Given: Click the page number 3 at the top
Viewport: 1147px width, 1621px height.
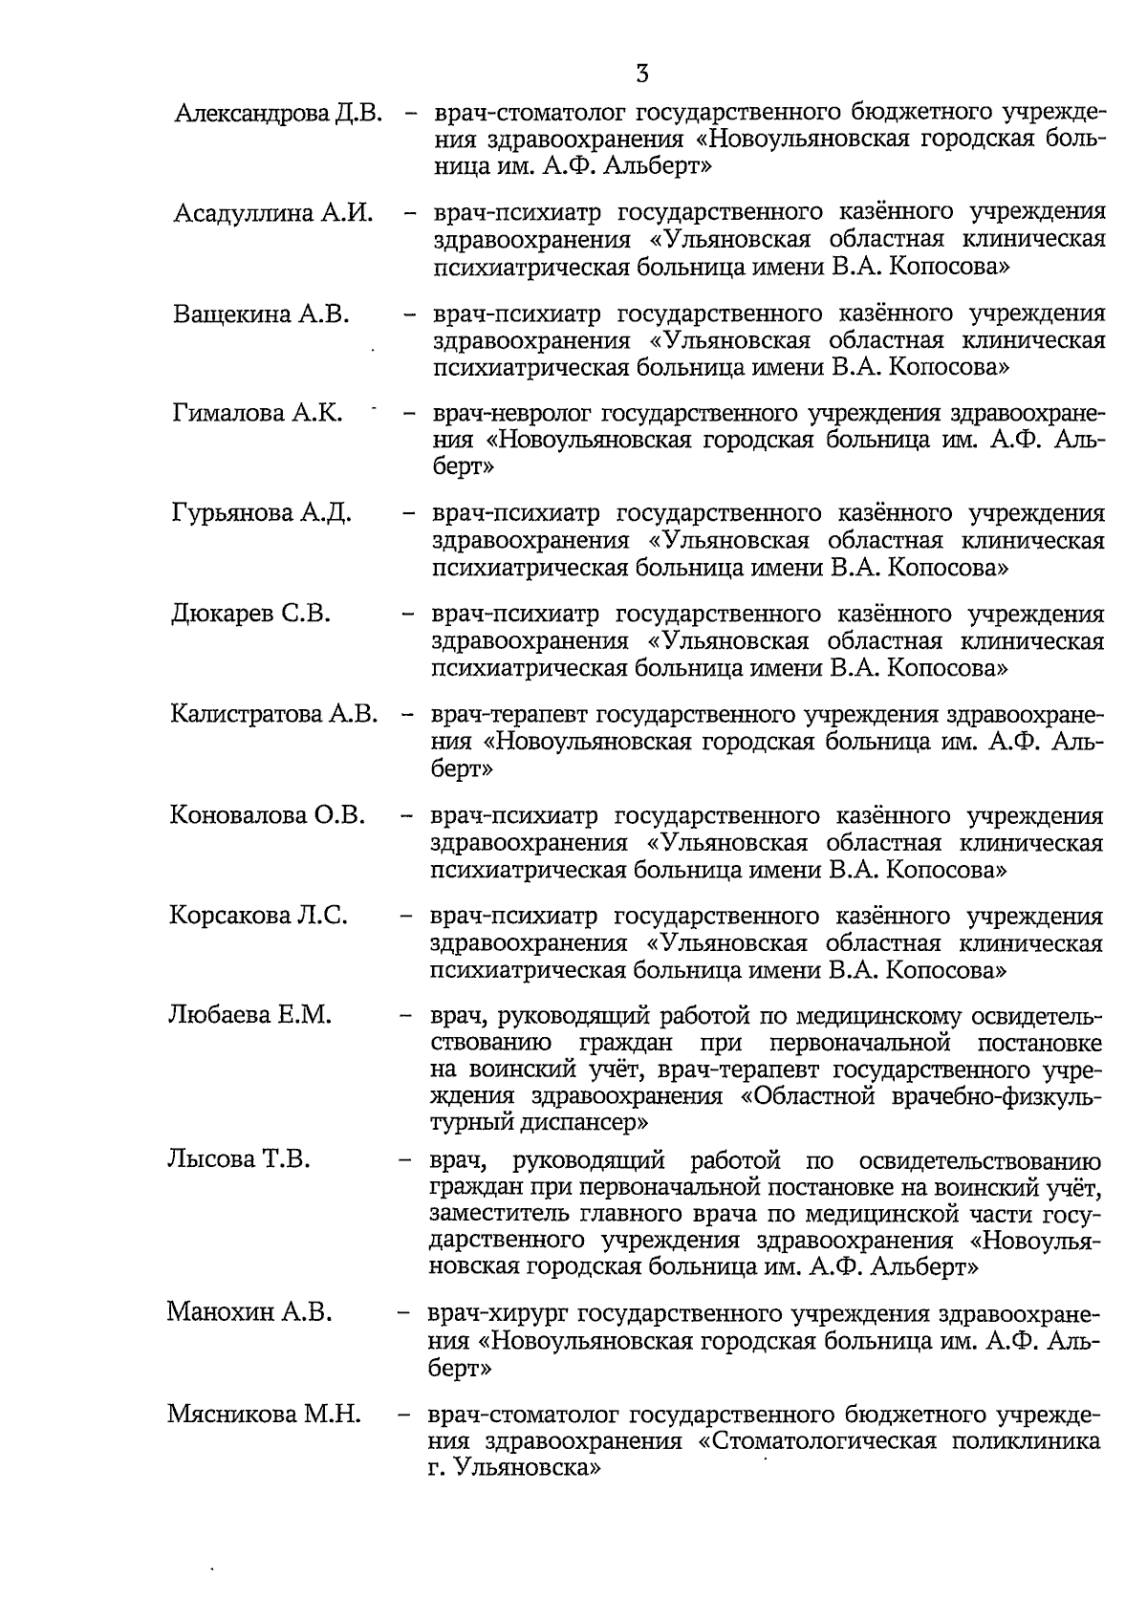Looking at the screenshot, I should [641, 74].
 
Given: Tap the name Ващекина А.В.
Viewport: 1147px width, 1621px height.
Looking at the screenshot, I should [262, 313].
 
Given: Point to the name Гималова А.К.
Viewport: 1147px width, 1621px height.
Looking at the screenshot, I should [258, 413].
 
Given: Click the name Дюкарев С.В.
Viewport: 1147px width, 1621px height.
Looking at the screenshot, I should [251, 614].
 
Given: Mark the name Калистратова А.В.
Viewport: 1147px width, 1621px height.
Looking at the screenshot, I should [274, 714].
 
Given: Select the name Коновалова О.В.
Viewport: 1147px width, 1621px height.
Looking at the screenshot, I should [268, 815].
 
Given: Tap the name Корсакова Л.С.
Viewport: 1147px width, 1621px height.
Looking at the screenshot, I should [258, 916].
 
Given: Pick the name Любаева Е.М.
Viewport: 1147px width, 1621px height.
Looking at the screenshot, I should [250, 1015].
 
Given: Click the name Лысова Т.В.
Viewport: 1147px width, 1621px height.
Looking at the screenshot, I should [240, 1160].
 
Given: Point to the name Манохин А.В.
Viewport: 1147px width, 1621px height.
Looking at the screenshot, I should [249, 1312].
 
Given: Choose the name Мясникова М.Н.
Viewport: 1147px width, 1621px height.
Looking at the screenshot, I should [264, 1414].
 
